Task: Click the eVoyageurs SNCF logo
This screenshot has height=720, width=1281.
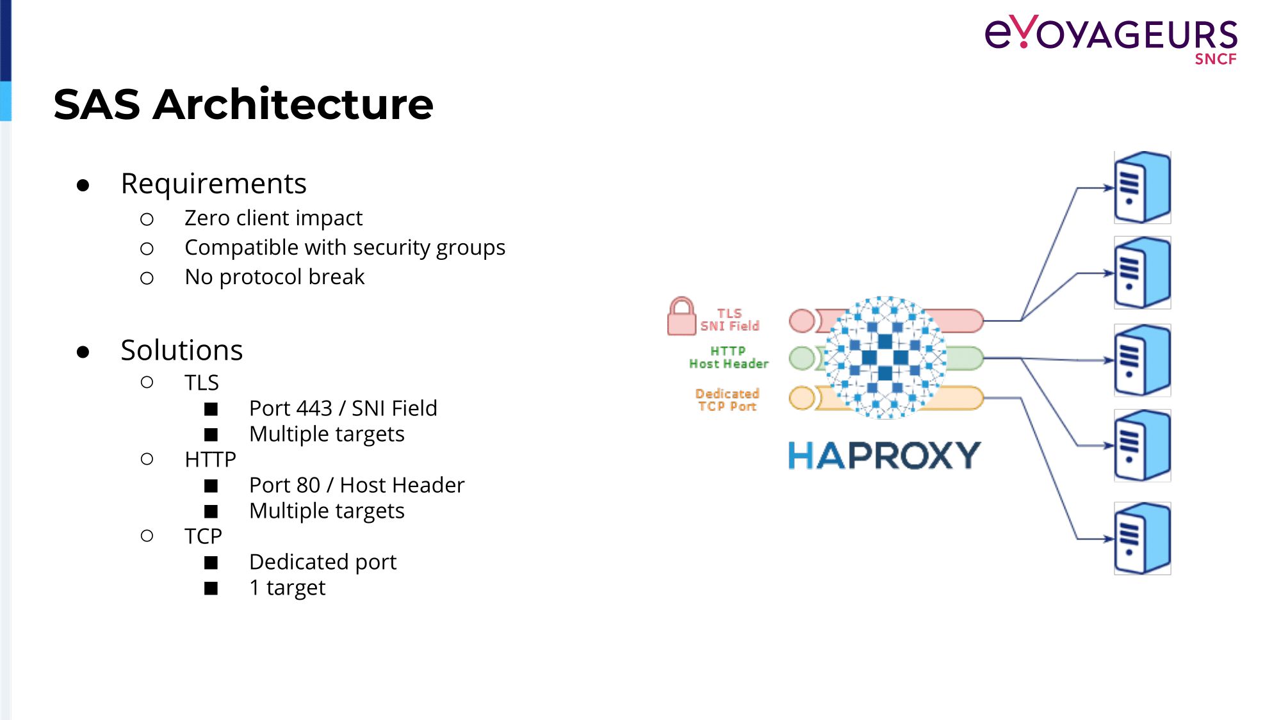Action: click(x=1111, y=40)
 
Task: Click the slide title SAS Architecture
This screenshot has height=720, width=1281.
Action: click(x=243, y=104)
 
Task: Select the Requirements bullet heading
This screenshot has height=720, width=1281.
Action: click(x=213, y=184)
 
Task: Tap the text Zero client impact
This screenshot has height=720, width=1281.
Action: click(x=273, y=218)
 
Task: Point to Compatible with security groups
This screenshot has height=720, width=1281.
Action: click(x=345, y=248)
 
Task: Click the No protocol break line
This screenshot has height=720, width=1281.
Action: click(x=274, y=277)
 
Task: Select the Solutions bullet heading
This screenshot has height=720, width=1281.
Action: click(x=182, y=350)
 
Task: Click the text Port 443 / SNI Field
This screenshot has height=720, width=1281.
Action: click(x=343, y=408)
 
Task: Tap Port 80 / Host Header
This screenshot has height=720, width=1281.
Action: click(x=357, y=485)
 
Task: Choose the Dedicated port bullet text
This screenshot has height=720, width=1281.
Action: click(x=323, y=562)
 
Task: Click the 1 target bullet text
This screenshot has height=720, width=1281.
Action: click(x=288, y=588)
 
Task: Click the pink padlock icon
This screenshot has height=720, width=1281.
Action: click(x=681, y=316)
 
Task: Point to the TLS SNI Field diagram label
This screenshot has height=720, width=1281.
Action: click(x=730, y=320)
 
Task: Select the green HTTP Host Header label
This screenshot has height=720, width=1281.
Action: click(x=729, y=358)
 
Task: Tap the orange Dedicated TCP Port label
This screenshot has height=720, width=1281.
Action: click(x=728, y=400)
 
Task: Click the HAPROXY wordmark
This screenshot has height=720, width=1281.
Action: click(x=884, y=456)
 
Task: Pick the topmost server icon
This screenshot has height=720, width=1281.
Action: click(x=1143, y=188)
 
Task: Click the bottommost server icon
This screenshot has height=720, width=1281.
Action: click(x=1143, y=538)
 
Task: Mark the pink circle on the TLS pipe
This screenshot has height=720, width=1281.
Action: click(x=802, y=321)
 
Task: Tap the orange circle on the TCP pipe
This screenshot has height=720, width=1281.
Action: click(x=802, y=397)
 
